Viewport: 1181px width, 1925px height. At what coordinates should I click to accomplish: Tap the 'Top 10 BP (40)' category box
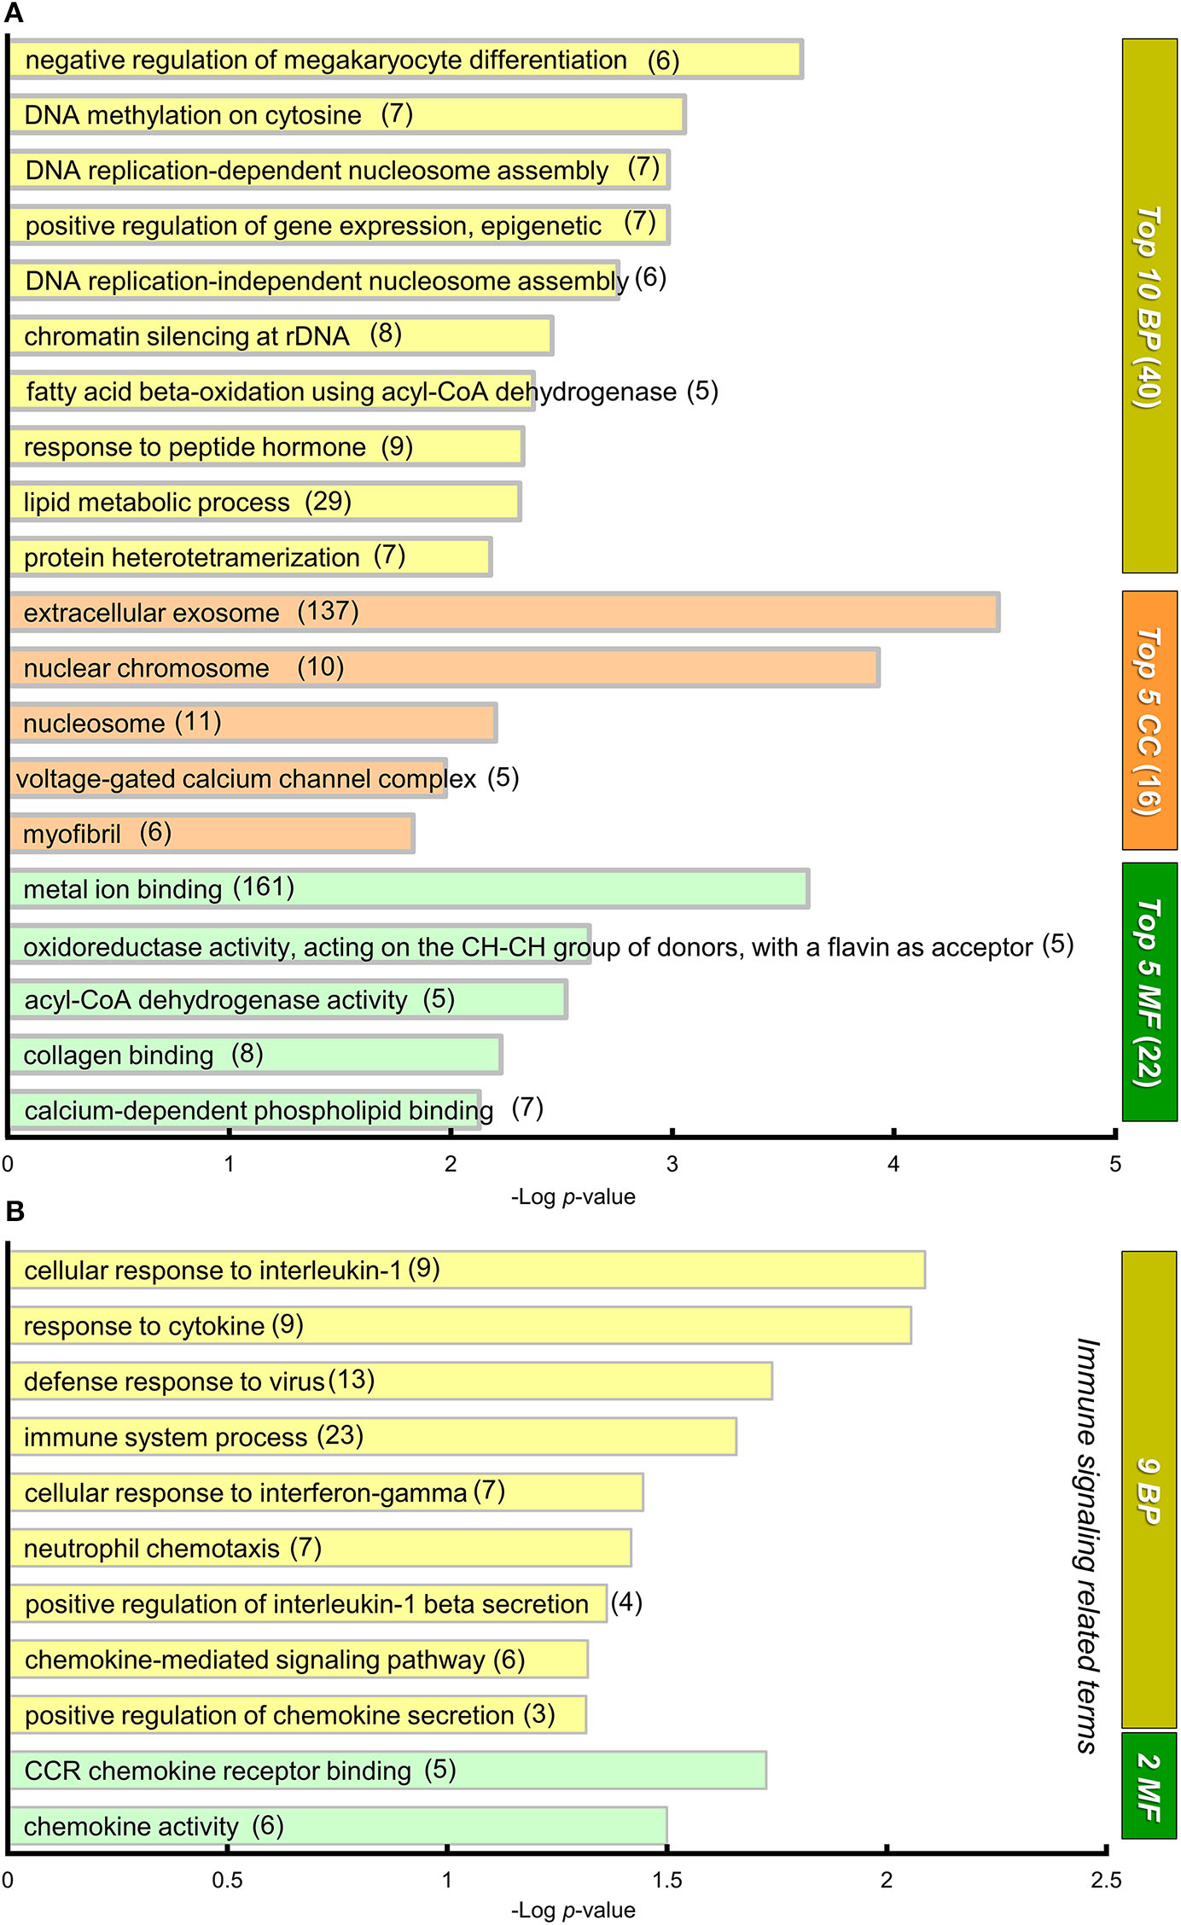coord(1149,305)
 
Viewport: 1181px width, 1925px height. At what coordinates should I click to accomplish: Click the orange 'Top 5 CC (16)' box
coord(1149,720)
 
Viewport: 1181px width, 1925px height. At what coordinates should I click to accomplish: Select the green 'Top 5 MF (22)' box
coord(1149,992)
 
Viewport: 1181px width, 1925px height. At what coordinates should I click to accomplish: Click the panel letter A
coord(14,14)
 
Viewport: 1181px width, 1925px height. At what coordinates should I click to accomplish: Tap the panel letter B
coord(15,1211)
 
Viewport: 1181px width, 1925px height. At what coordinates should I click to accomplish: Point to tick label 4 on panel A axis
coord(893,1164)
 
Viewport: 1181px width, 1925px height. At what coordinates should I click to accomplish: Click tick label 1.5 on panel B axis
coord(666,1880)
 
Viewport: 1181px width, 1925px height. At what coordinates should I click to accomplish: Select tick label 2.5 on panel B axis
coord(1106,1880)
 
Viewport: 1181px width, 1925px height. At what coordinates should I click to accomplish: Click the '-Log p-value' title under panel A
coord(573,1196)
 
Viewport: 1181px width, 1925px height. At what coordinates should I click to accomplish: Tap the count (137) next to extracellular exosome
coord(328,611)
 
